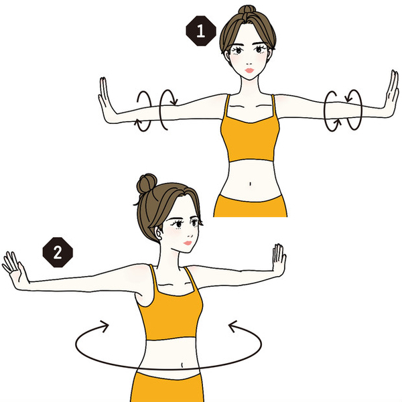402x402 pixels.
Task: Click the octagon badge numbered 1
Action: click(x=201, y=31)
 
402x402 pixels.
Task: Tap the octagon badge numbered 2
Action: click(x=58, y=253)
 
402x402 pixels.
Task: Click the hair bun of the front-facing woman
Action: click(x=247, y=9)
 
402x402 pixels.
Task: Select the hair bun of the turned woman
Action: click(x=146, y=184)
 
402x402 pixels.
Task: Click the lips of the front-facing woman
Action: click(x=249, y=70)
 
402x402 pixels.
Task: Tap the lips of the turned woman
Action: click(x=188, y=243)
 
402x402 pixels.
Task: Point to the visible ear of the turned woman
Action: click(x=159, y=233)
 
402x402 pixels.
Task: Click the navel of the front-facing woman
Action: click(x=250, y=184)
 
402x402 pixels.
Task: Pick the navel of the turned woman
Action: click(x=182, y=364)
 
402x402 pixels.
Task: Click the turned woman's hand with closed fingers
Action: click(x=279, y=259)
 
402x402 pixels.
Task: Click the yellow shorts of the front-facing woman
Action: click(x=250, y=206)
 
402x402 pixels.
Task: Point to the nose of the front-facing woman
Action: click(x=249, y=63)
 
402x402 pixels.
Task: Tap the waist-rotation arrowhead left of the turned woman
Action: click(x=105, y=326)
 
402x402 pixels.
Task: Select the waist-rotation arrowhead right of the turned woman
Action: click(x=232, y=326)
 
